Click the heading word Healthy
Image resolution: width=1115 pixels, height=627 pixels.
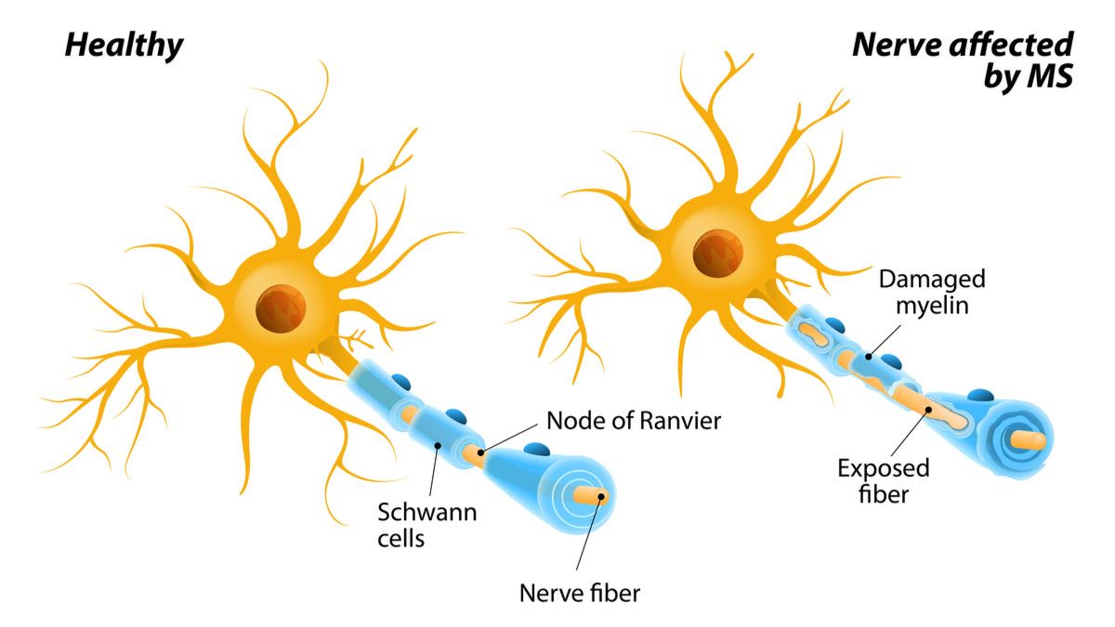124,45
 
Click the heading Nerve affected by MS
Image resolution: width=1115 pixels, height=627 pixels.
964,59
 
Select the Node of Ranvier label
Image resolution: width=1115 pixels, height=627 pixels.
633,421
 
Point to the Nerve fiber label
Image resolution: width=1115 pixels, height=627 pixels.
580,592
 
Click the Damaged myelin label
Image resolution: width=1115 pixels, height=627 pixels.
932,292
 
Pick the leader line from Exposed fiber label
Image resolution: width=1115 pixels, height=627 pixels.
911,432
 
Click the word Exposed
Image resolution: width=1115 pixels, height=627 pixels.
883,468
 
